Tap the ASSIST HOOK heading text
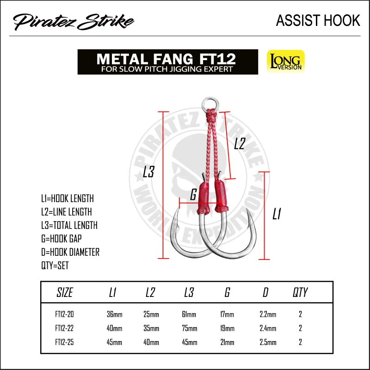point(318,20)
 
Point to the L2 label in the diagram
point(239,144)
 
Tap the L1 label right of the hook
point(277,214)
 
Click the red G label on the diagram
point(193,194)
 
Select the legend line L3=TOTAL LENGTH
point(69,225)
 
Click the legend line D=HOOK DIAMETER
point(70,252)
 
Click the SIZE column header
point(64,292)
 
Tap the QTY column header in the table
point(300,292)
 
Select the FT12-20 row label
point(64,314)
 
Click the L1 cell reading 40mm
point(115,328)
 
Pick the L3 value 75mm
point(189,328)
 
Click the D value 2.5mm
point(268,342)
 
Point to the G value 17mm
point(227,314)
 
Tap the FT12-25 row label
point(64,342)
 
